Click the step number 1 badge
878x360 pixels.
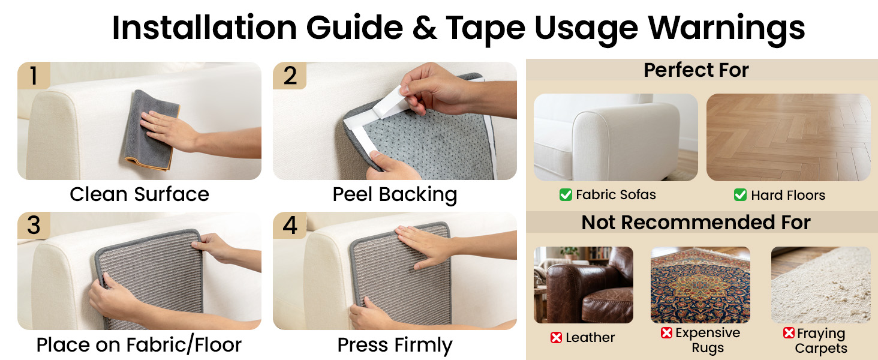pyautogui.click(x=34, y=75)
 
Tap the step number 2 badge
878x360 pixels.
pyautogui.click(x=290, y=75)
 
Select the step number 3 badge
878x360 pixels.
pyautogui.click(x=34, y=225)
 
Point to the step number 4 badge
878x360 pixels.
pyautogui.click(x=290, y=225)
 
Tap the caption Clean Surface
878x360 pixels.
pyautogui.click(x=140, y=194)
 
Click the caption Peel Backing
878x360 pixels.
pyautogui.click(x=395, y=194)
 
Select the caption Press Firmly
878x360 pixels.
pyautogui.click(x=395, y=345)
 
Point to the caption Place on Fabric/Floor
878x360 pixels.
pyautogui.click(x=139, y=345)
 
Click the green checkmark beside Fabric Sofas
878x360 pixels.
pyautogui.click(x=566, y=194)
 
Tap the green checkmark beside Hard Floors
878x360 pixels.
pyautogui.click(x=740, y=194)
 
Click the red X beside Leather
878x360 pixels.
pyautogui.click(x=556, y=337)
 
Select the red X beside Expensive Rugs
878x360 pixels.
pyautogui.click(x=666, y=332)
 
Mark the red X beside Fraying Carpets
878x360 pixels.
pyautogui.click(x=789, y=332)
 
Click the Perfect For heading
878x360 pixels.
pyautogui.click(x=696, y=70)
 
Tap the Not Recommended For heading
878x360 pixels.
pyautogui.click(x=696, y=223)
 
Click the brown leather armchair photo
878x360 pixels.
pyautogui.click(x=584, y=285)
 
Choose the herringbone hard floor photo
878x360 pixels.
pyautogui.click(x=788, y=137)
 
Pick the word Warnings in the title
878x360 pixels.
pyautogui.click(x=726, y=29)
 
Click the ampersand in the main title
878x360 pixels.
pyautogui.click(x=425, y=28)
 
